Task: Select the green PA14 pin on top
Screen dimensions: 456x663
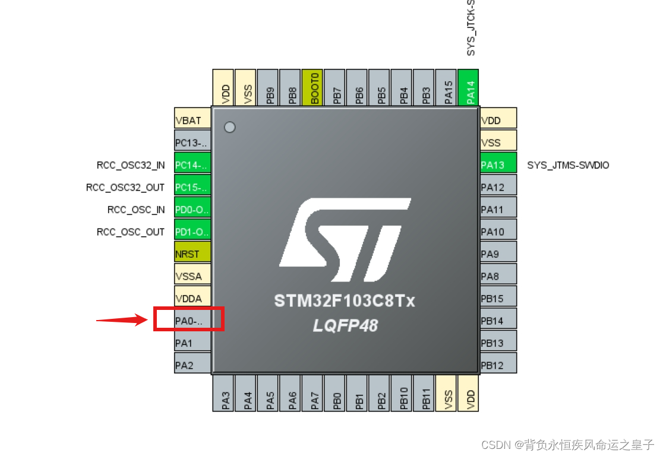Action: tap(470, 88)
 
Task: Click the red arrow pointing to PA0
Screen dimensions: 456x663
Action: tap(122, 321)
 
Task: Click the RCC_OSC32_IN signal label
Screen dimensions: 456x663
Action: tap(131, 165)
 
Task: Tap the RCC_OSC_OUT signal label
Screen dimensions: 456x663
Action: tap(131, 232)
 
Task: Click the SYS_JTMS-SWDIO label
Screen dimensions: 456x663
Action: tap(568, 165)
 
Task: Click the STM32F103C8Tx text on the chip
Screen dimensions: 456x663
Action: tap(345, 301)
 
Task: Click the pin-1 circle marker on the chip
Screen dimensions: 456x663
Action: tap(229, 127)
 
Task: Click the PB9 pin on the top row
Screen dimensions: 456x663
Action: tap(270, 88)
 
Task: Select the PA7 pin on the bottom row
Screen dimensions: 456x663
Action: tap(314, 392)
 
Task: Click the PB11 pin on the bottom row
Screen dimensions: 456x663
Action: tap(425, 392)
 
